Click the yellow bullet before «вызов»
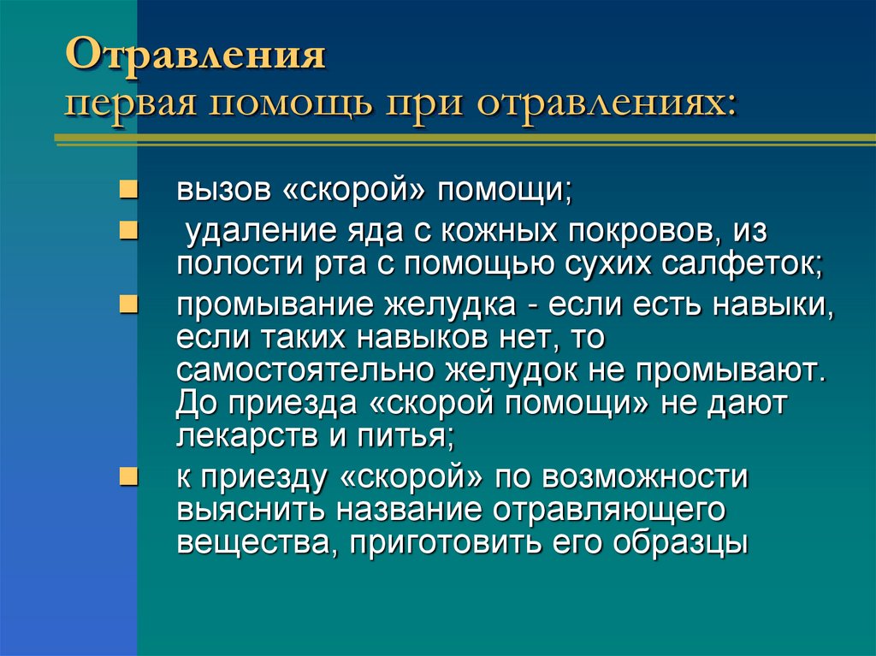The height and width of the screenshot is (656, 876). coord(126,187)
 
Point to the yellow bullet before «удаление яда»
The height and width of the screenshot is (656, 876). coord(126,230)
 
